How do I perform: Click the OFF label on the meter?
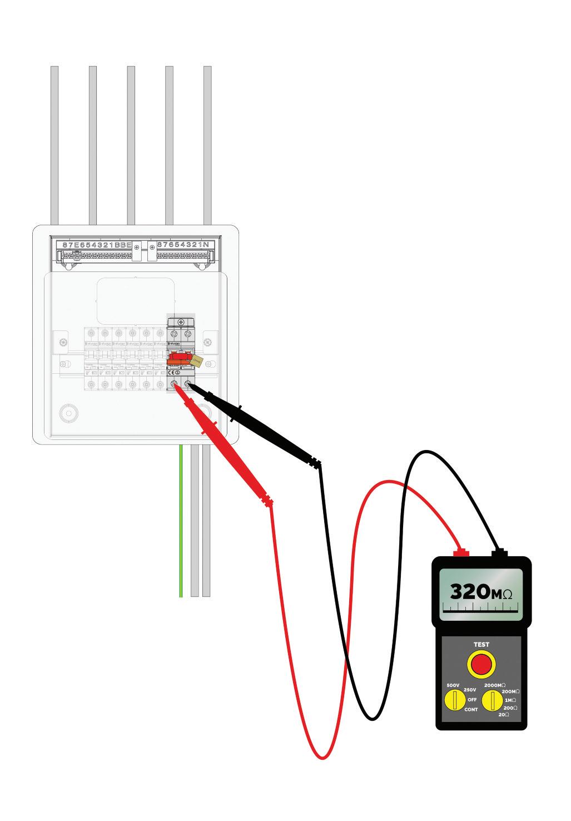[x=472, y=699]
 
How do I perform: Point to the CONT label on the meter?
[x=471, y=709]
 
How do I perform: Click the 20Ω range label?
[x=503, y=714]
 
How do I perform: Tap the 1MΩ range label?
[x=510, y=700]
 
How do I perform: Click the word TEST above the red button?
[x=481, y=645]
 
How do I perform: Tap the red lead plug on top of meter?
[x=461, y=552]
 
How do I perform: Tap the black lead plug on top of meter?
[x=499, y=553]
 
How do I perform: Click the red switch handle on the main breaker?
[x=179, y=359]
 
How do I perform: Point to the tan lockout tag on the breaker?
[x=196, y=361]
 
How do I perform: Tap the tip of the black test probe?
[x=189, y=384]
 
